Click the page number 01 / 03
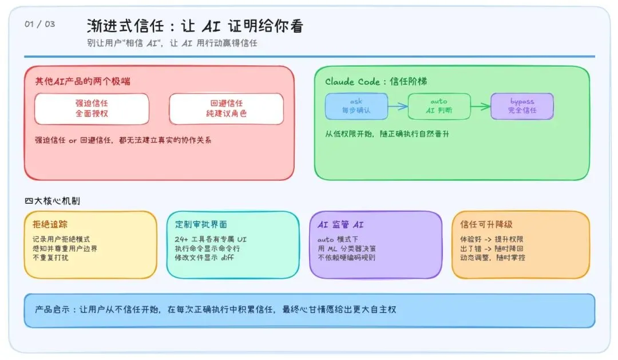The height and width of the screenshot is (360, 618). pyautogui.click(x=39, y=24)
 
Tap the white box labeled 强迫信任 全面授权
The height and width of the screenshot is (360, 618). pyautogui.click(x=92, y=108)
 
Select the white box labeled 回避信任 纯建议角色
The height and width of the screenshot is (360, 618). pyautogui.click(x=226, y=108)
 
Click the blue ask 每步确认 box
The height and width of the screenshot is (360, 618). pyautogui.click(x=356, y=106)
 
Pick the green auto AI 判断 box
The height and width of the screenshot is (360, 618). pyautogui.click(x=439, y=106)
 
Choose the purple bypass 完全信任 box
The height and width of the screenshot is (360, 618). pyautogui.click(x=522, y=106)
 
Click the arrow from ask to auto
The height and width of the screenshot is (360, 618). pyautogui.click(x=397, y=106)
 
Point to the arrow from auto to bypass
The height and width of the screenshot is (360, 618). pyautogui.click(x=480, y=106)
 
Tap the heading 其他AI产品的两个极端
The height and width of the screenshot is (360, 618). pyautogui.click(x=82, y=81)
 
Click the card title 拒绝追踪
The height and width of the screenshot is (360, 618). pyautogui.click(x=50, y=224)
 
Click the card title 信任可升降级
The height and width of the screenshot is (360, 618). pyautogui.click(x=486, y=224)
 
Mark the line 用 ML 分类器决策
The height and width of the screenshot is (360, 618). pyautogui.click(x=346, y=248)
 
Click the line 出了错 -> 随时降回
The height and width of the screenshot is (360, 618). pyautogui.click(x=492, y=248)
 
